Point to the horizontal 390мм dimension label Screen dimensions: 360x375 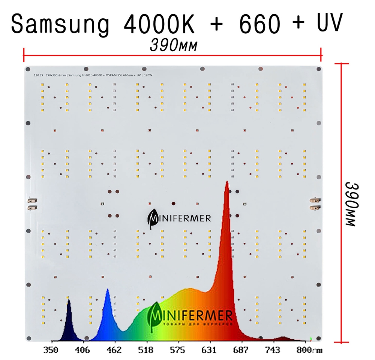174,45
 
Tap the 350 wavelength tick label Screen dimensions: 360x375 51,351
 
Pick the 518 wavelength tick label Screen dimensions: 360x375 145,351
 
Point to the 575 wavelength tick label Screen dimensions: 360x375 177,351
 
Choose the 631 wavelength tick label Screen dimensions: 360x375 209,351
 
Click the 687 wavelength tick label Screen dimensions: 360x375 240,351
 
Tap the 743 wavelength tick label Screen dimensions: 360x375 272,351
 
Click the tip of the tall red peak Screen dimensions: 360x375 227,182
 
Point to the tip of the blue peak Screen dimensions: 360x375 108,289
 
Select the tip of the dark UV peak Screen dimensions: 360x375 69,300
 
